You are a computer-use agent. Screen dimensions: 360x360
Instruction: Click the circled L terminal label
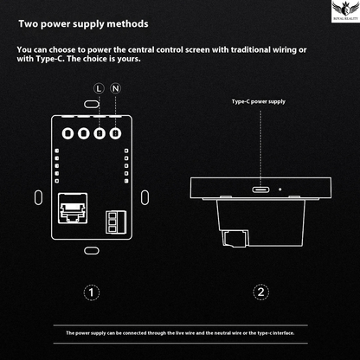(100, 88)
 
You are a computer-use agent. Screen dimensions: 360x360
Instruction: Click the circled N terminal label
(115, 88)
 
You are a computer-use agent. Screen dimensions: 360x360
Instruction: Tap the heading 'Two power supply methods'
(82, 25)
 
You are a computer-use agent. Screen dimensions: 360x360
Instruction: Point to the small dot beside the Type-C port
(279, 188)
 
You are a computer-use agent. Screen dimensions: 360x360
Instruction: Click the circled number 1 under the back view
(90, 292)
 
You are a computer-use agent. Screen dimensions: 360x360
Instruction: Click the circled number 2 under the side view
(259, 292)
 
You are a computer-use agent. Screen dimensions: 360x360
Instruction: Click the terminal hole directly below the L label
(100, 134)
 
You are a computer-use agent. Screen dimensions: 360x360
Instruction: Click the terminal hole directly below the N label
(115, 134)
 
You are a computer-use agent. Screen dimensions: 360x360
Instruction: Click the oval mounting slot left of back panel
(37, 192)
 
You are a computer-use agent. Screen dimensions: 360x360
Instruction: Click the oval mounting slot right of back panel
(145, 192)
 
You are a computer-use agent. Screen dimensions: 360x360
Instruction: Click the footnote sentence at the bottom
(179, 332)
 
